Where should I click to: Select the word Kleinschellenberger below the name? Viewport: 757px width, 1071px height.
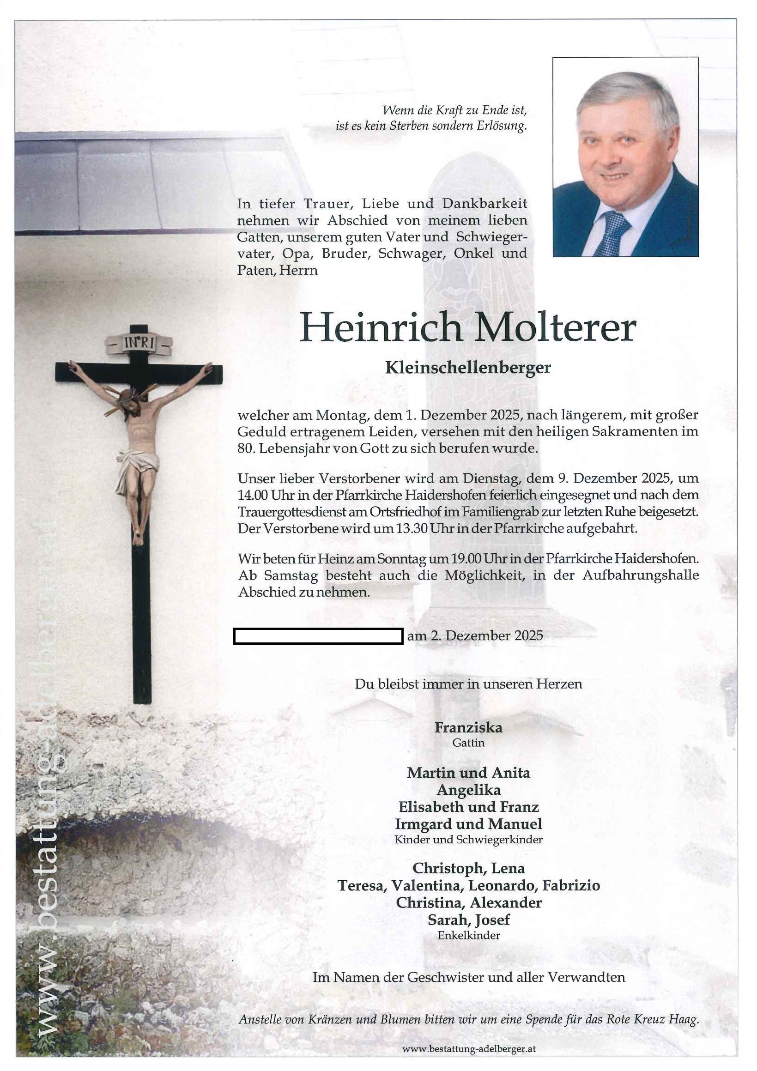click(468, 368)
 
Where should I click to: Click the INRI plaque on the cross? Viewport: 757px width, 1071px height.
click(139, 344)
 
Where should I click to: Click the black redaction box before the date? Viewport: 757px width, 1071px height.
click(318, 636)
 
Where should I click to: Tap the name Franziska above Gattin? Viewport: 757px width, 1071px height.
click(468, 727)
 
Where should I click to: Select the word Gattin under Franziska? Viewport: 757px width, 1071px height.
click(468, 743)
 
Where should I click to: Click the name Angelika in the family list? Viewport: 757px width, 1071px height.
click(468, 790)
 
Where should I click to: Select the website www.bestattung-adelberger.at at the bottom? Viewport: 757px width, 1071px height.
click(468, 1049)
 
